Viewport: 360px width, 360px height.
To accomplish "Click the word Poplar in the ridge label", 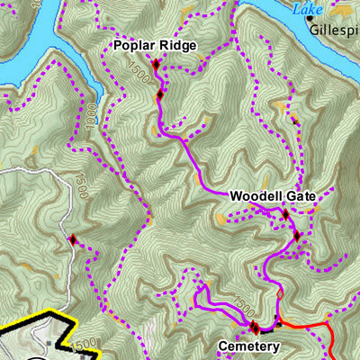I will [x=133, y=45].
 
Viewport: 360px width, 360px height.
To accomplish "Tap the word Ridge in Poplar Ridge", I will [x=175, y=45].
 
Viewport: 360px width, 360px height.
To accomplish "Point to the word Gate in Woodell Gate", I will [x=300, y=195].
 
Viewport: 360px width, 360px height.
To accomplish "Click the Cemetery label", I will [x=249, y=346].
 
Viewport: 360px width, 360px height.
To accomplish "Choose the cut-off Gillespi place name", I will [x=335, y=29].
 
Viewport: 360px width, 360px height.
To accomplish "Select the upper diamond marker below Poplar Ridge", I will [x=156, y=65].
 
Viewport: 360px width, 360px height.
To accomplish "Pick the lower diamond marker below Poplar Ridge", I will [x=160, y=94].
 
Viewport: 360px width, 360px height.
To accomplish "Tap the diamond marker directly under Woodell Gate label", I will [x=285, y=214].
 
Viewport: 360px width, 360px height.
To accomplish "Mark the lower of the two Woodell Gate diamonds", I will [x=297, y=237].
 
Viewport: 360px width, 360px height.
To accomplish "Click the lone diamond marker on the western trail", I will [x=73, y=239].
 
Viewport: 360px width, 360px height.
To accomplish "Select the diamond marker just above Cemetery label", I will [x=255, y=327].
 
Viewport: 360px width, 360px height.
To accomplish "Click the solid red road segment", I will [x=315, y=326].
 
